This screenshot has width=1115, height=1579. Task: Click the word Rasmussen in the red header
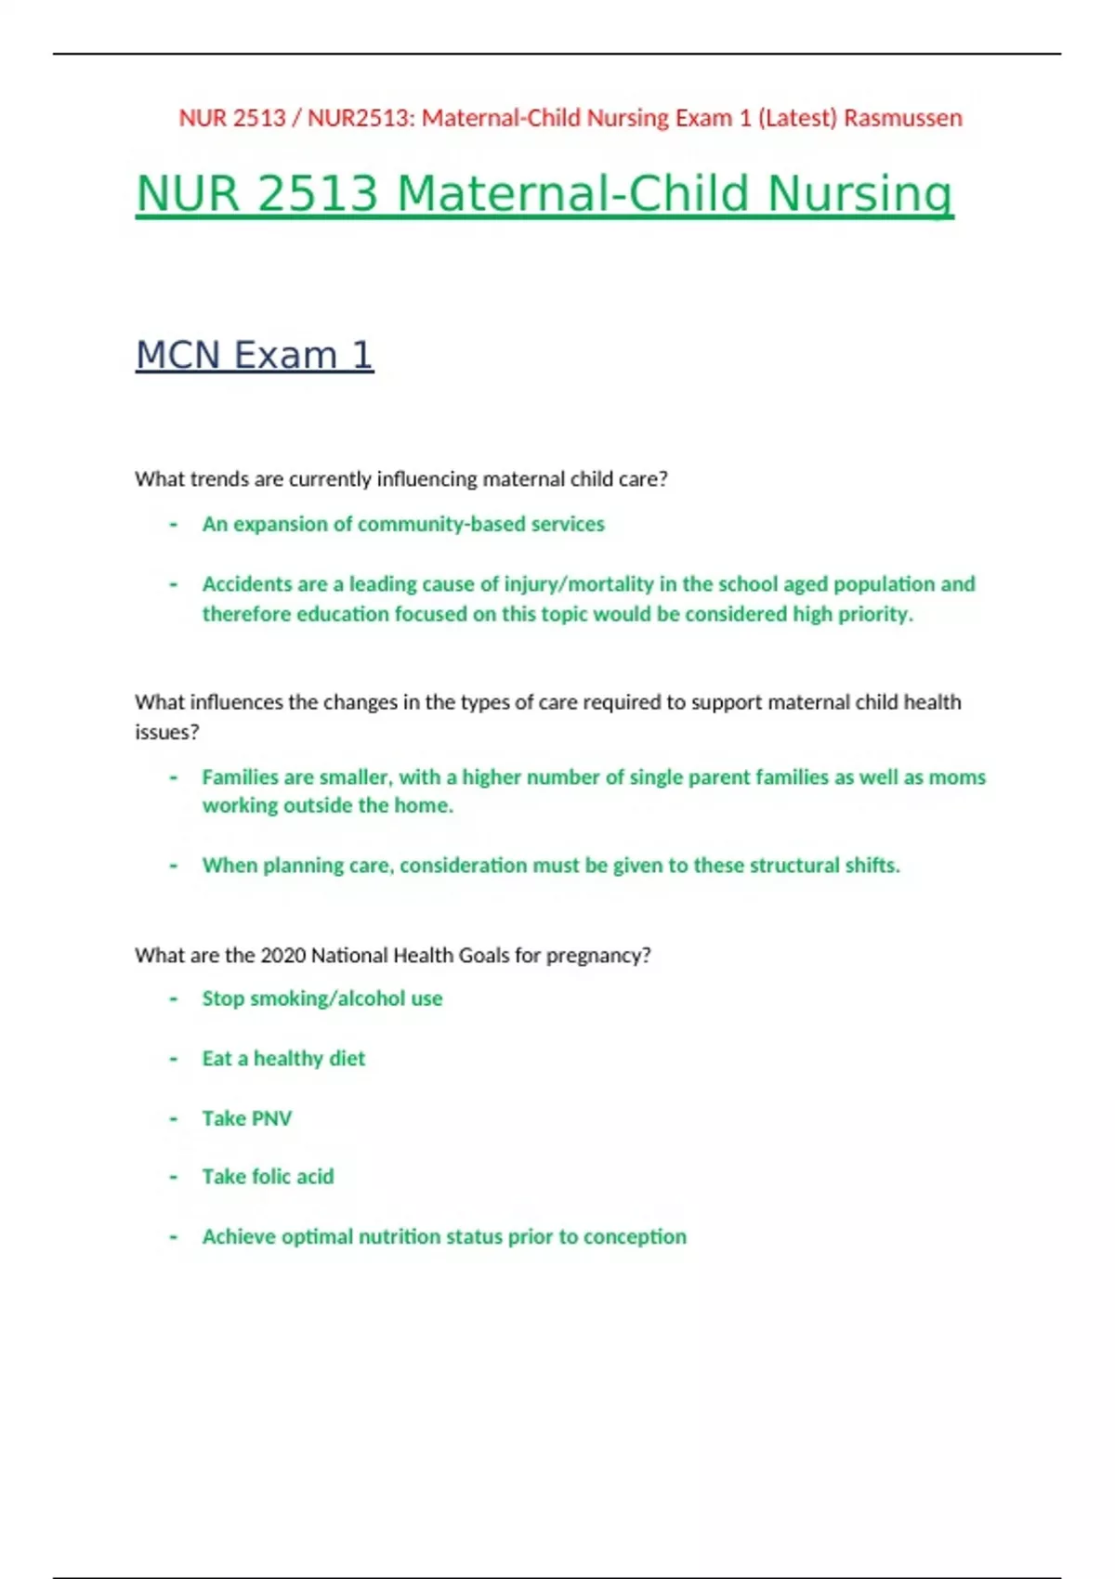click(x=902, y=118)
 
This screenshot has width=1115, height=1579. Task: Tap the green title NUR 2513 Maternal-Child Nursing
click(x=544, y=194)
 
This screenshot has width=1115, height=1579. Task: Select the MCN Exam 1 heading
click(x=255, y=355)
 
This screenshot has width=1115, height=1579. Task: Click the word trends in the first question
click(x=219, y=479)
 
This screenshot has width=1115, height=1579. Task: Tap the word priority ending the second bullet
click(x=877, y=614)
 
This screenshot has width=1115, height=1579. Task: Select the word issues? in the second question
click(x=167, y=732)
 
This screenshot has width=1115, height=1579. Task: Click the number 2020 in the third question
click(x=283, y=956)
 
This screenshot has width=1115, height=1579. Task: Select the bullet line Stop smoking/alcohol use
click(x=322, y=998)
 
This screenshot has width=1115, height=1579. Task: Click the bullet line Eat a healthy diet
click(x=283, y=1059)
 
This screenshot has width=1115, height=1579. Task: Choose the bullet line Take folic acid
click(x=268, y=1177)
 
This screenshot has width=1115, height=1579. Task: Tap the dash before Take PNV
click(x=174, y=1118)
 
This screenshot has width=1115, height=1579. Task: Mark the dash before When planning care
click(x=174, y=866)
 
